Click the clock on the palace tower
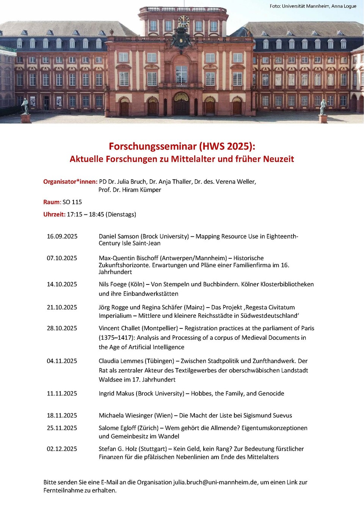point(184,21)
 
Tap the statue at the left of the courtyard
point(25,106)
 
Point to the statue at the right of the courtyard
point(323,107)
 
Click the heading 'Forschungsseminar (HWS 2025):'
point(182,146)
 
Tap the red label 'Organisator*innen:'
point(70,181)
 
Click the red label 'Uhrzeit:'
point(54,214)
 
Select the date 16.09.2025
point(62,236)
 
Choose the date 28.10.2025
point(62,328)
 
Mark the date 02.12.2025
point(62,449)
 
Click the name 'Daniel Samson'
point(119,236)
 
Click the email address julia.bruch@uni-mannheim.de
point(215,482)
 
